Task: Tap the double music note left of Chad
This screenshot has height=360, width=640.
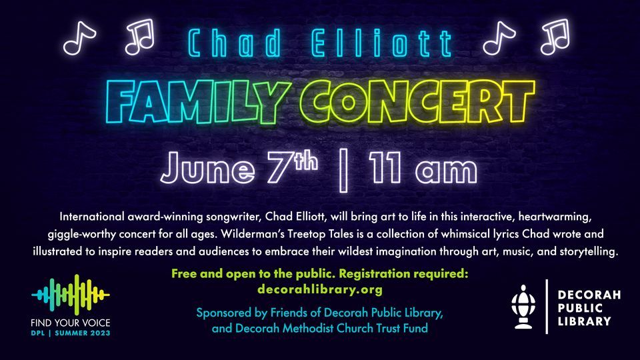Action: pyautogui.click(x=139, y=37)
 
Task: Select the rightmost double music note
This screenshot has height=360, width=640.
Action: pyautogui.click(x=555, y=37)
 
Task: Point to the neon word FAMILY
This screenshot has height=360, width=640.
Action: pyautogui.click(x=183, y=98)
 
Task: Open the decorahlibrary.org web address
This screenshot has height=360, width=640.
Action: pyautogui.click(x=319, y=290)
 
